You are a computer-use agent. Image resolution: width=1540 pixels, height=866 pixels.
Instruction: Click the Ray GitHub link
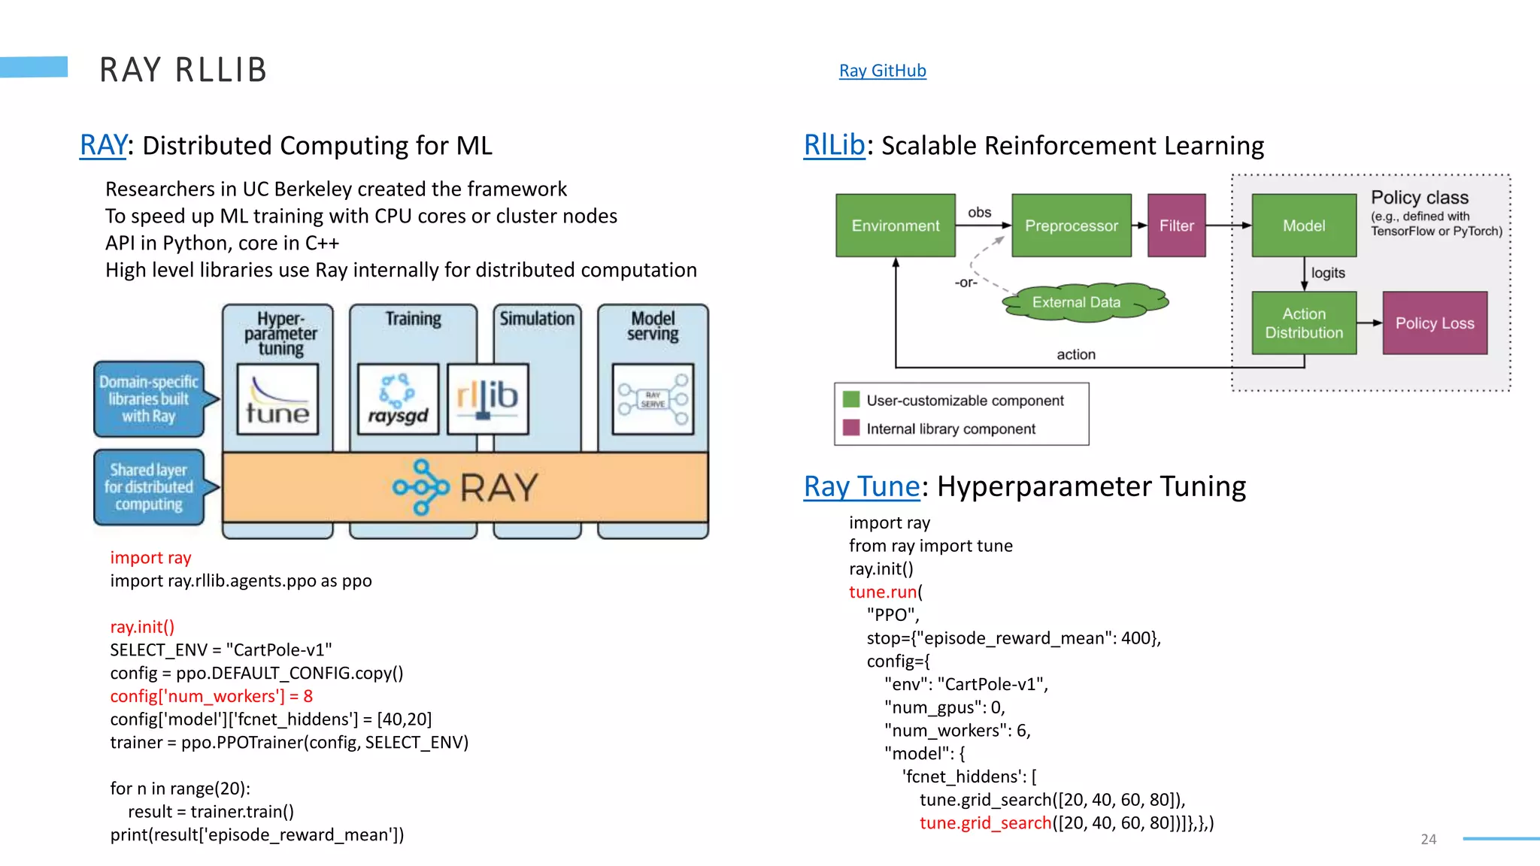click(x=882, y=71)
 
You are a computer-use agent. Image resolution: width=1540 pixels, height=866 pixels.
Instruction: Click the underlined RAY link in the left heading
click(x=103, y=145)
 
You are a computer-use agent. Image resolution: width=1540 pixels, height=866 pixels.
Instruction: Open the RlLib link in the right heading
click(x=834, y=145)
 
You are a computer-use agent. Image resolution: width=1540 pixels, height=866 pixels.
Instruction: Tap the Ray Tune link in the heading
click(x=862, y=486)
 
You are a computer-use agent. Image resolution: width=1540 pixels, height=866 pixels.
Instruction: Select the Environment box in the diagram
click(x=895, y=226)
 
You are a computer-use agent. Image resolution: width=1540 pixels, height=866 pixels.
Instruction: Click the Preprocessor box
click(x=1071, y=226)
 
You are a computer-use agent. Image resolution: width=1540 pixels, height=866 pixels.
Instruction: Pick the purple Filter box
click(x=1176, y=226)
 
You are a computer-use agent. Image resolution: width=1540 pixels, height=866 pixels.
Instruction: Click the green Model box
click(x=1303, y=226)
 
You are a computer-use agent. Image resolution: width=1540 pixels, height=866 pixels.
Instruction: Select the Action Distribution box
click(x=1303, y=323)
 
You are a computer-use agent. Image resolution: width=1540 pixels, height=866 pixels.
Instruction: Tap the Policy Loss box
click(x=1434, y=323)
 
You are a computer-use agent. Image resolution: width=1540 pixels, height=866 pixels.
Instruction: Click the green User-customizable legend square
click(x=851, y=399)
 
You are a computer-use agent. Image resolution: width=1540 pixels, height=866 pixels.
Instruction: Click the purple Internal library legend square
click(x=851, y=428)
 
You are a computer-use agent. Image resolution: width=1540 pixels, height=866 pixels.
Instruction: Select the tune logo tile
click(x=277, y=399)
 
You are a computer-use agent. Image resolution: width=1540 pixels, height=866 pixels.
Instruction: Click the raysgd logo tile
click(x=398, y=399)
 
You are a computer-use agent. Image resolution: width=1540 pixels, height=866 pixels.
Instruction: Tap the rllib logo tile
click(x=487, y=399)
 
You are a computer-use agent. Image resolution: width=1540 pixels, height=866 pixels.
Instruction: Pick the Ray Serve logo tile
click(x=653, y=399)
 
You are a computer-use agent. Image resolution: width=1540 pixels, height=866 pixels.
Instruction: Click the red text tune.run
click(x=883, y=592)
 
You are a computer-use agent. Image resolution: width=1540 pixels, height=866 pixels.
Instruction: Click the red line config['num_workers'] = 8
click(x=211, y=696)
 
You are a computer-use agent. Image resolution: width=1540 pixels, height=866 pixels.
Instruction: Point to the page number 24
click(x=1428, y=839)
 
